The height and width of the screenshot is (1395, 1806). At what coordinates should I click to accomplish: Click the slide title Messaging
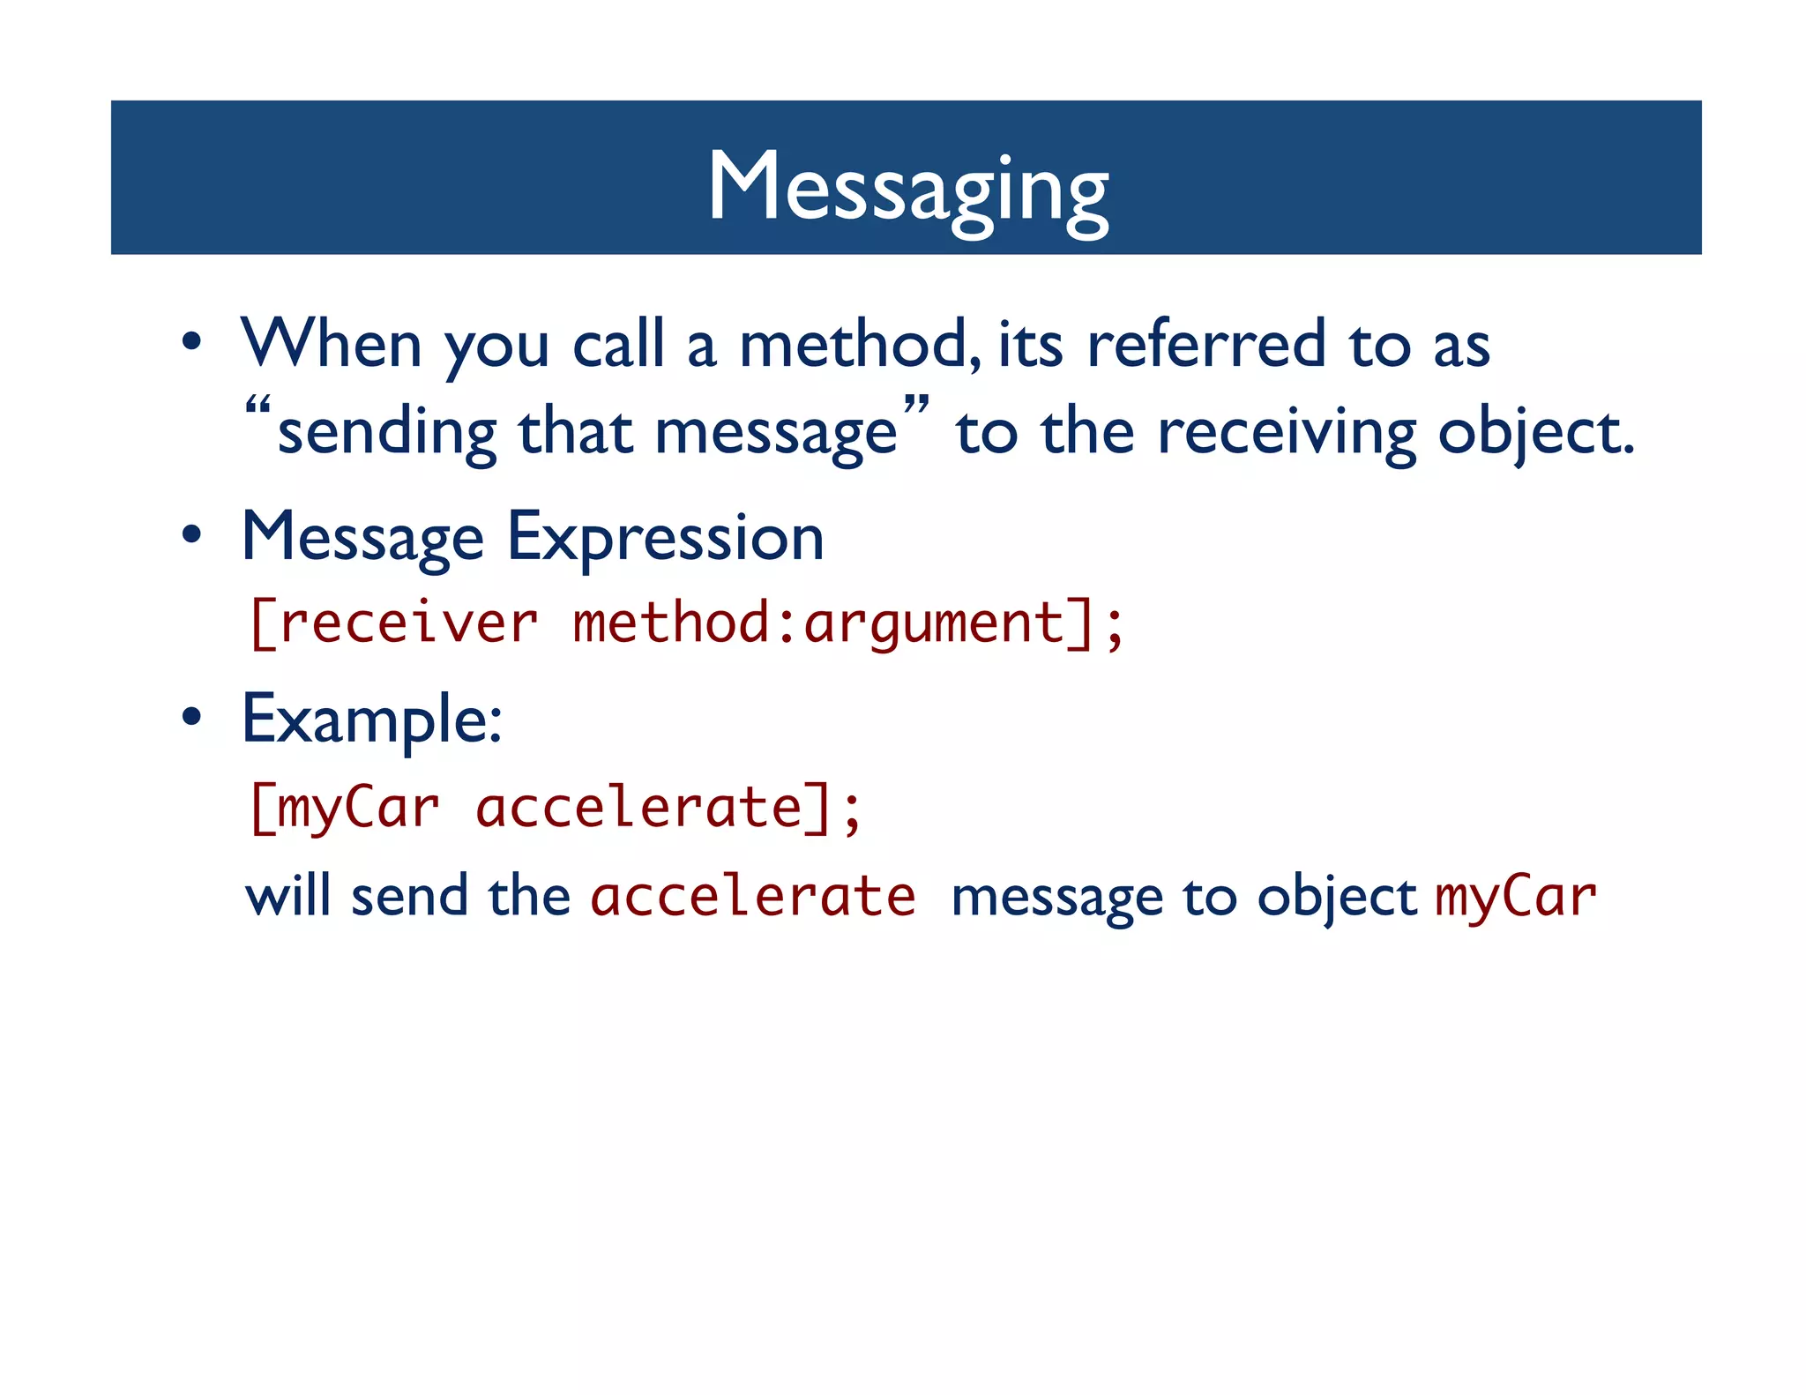click(907, 187)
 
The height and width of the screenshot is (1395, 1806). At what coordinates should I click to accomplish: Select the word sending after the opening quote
click(387, 434)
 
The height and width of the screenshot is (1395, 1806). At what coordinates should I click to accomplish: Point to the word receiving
click(1287, 434)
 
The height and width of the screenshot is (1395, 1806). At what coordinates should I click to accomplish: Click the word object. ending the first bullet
click(1535, 434)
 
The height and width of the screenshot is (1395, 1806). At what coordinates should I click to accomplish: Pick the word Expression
click(666, 538)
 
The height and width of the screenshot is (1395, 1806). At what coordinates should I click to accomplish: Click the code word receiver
click(407, 623)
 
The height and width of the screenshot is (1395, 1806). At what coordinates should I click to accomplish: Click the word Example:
click(372, 720)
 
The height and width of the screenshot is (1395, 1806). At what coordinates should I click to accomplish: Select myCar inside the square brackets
click(358, 808)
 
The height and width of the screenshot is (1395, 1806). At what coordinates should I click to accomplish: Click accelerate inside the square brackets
click(638, 808)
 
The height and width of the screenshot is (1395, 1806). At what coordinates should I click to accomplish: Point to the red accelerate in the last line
click(753, 897)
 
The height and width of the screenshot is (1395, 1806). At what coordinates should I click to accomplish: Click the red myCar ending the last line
click(1515, 897)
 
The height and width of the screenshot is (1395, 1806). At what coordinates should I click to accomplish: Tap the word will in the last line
click(287, 897)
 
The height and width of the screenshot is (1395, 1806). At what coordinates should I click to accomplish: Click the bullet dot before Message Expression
click(192, 535)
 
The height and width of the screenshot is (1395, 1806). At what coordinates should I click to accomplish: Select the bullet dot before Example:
click(192, 717)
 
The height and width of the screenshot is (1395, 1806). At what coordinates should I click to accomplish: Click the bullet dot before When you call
click(192, 342)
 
